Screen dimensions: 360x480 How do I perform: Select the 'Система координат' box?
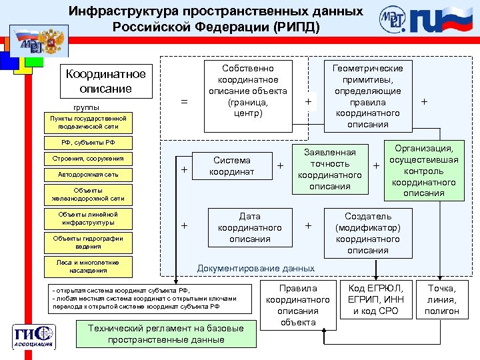point(231,166)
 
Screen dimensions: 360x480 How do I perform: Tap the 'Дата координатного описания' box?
point(250,227)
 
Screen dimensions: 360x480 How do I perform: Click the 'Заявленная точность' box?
point(330,169)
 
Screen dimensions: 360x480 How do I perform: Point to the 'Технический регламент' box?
point(166,333)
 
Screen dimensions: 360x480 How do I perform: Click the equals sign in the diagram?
point(184,102)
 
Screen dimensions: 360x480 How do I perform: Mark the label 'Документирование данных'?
point(256,268)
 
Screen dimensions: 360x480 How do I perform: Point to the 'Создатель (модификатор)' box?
point(368,233)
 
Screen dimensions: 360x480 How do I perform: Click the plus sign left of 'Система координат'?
point(184,171)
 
